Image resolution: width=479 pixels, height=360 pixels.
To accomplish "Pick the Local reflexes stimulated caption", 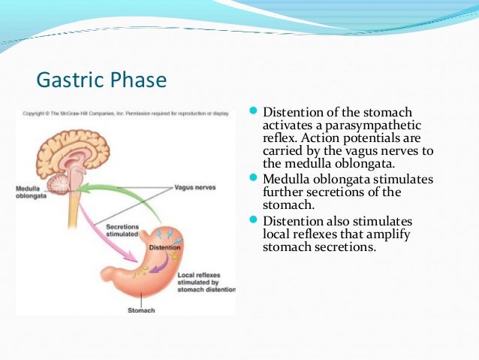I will point(205,282).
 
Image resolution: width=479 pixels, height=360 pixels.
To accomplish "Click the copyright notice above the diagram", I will point(124,113).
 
